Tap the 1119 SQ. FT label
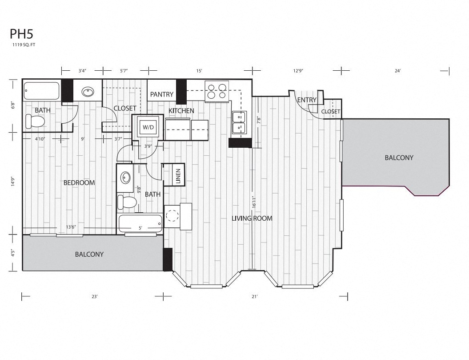click(24, 45)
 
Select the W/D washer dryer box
click(148, 127)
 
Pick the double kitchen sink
click(239, 122)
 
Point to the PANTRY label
click(161, 94)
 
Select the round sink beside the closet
click(87, 93)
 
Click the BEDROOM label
click(79, 182)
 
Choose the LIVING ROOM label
click(252, 218)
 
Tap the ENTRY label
click(307, 100)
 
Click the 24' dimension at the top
click(397, 70)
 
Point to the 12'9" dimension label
click(298, 70)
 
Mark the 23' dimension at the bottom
click(94, 296)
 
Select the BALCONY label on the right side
click(399, 158)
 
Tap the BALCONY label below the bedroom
click(89, 254)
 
